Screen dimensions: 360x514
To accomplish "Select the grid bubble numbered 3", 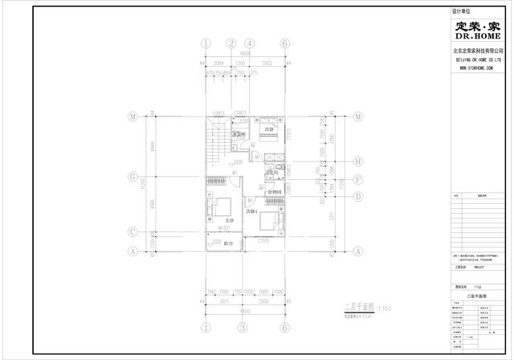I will (242, 328).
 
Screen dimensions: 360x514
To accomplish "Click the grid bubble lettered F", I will (357, 179).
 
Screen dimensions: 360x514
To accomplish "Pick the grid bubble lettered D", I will (357, 195).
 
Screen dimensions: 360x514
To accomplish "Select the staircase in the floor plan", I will (216, 144).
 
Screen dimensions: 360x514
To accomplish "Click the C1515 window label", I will (263, 239).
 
